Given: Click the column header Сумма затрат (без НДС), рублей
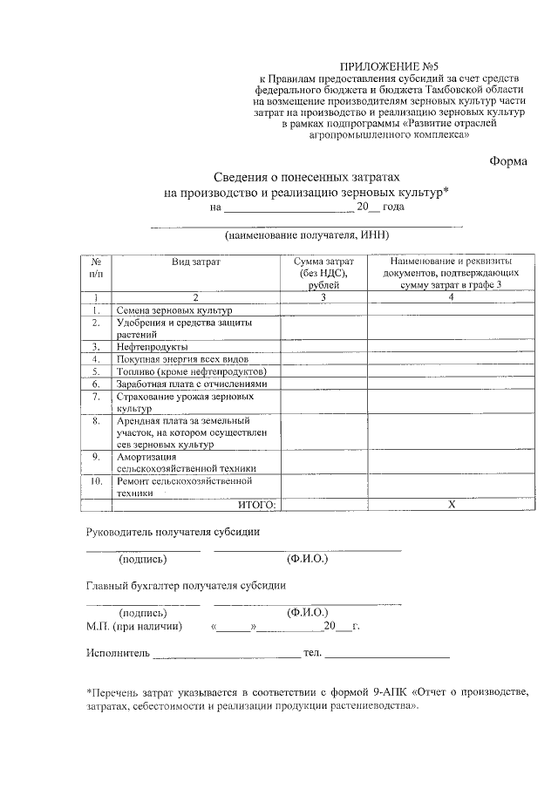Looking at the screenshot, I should (323, 273).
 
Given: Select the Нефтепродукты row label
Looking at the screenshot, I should (146, 346).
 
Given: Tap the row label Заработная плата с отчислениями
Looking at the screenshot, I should (191, 383).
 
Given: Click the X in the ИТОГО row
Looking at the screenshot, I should (451, 504).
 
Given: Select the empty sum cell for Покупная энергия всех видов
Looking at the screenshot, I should (323, 358).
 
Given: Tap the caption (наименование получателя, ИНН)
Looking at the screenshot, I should (305, 236).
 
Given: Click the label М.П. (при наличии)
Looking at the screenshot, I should (134, 625).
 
